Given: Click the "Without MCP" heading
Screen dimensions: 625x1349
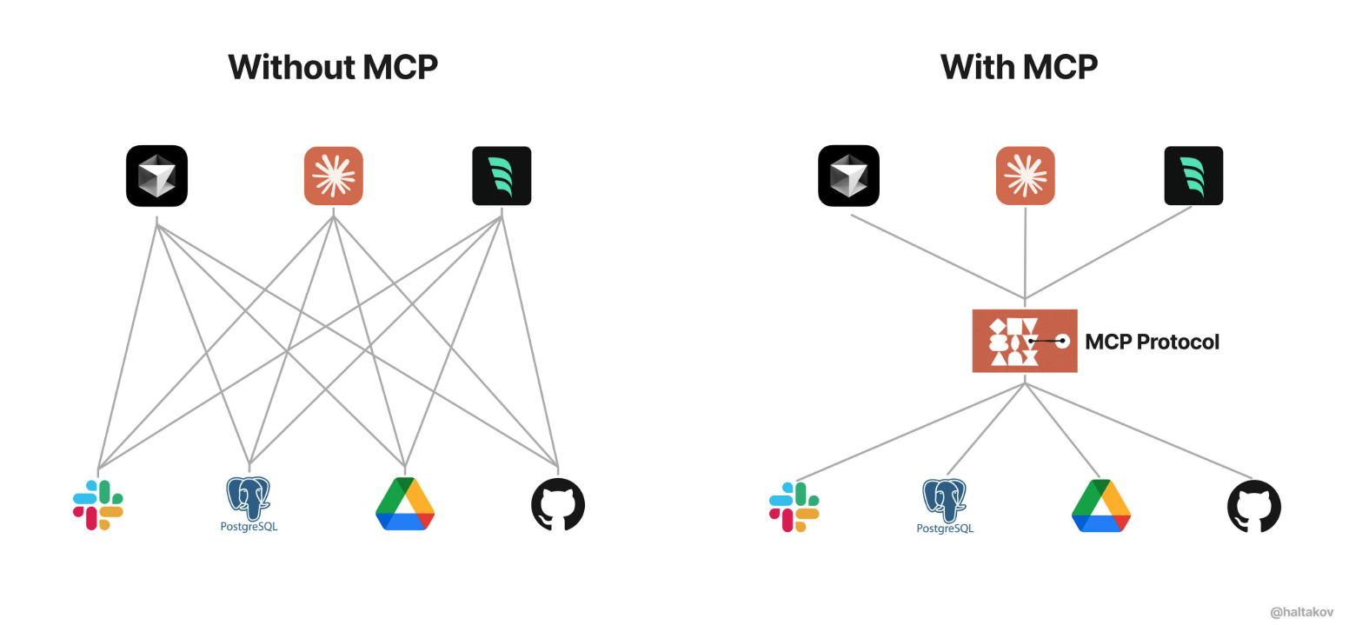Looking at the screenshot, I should [x=333, y=67].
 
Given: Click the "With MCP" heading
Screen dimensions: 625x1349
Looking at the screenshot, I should [x=1019, y=67].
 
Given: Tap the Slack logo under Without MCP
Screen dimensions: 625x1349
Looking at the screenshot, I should [x=98, y=505].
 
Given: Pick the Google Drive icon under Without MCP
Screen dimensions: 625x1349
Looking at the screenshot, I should [x=405, y=504].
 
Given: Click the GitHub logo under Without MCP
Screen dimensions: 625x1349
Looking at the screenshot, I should [x=558, y=504].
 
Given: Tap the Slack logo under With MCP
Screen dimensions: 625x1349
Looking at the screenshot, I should [x=794, y=507].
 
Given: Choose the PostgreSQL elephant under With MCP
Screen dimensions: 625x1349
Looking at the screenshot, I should [x=945, y=501].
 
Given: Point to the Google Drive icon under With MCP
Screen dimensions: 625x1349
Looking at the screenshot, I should [x=1100, y=506].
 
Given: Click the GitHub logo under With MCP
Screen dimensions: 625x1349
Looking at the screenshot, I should [x=1254, y=506].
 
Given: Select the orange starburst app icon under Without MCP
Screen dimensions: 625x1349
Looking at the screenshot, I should [x=334, y=176].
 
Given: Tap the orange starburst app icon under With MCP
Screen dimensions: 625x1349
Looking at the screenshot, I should [x=1026, y=176].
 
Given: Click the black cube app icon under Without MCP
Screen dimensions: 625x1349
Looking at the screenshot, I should [x=157, y=176].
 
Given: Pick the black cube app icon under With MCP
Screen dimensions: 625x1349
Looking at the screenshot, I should [x=849, y=176].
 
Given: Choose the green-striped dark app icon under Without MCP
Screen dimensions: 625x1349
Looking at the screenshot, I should [x=502, y=176].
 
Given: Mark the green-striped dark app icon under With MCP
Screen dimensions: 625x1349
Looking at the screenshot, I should [x=1193, y=176].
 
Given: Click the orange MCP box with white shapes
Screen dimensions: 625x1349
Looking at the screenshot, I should [x=1025, y=341].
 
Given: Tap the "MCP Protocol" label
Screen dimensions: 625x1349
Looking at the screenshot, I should [x=1152, y=342].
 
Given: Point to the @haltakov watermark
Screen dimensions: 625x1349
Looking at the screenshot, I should [x=1301, y=612].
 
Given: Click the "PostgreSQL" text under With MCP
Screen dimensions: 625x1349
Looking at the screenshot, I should [x=945, y=529].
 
